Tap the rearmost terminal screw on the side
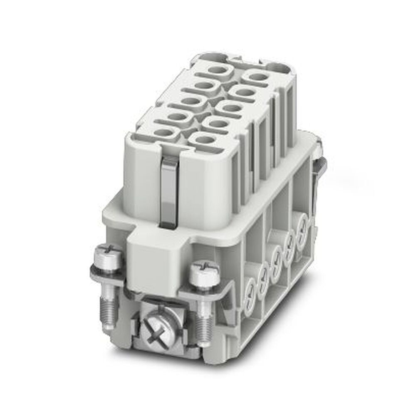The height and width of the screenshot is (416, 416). (x=302, y=225)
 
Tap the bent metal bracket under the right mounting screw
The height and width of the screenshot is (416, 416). (x=216, y=291)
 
